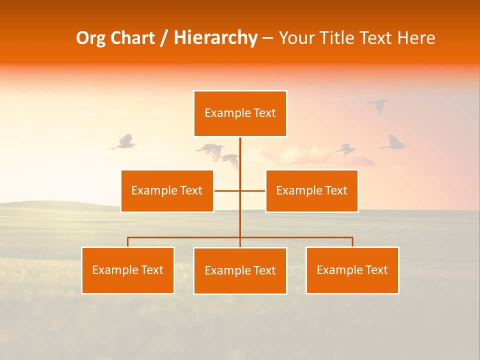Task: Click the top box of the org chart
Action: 240,113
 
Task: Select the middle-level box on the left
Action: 167,191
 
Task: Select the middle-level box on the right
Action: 311,191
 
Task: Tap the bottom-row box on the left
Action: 128,270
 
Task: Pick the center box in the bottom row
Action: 240,271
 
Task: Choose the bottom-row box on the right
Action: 352,270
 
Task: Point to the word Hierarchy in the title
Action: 215,38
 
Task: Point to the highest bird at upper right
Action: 378,105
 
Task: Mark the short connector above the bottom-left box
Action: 128,242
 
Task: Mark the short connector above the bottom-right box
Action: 352,242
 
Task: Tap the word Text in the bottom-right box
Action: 376,270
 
